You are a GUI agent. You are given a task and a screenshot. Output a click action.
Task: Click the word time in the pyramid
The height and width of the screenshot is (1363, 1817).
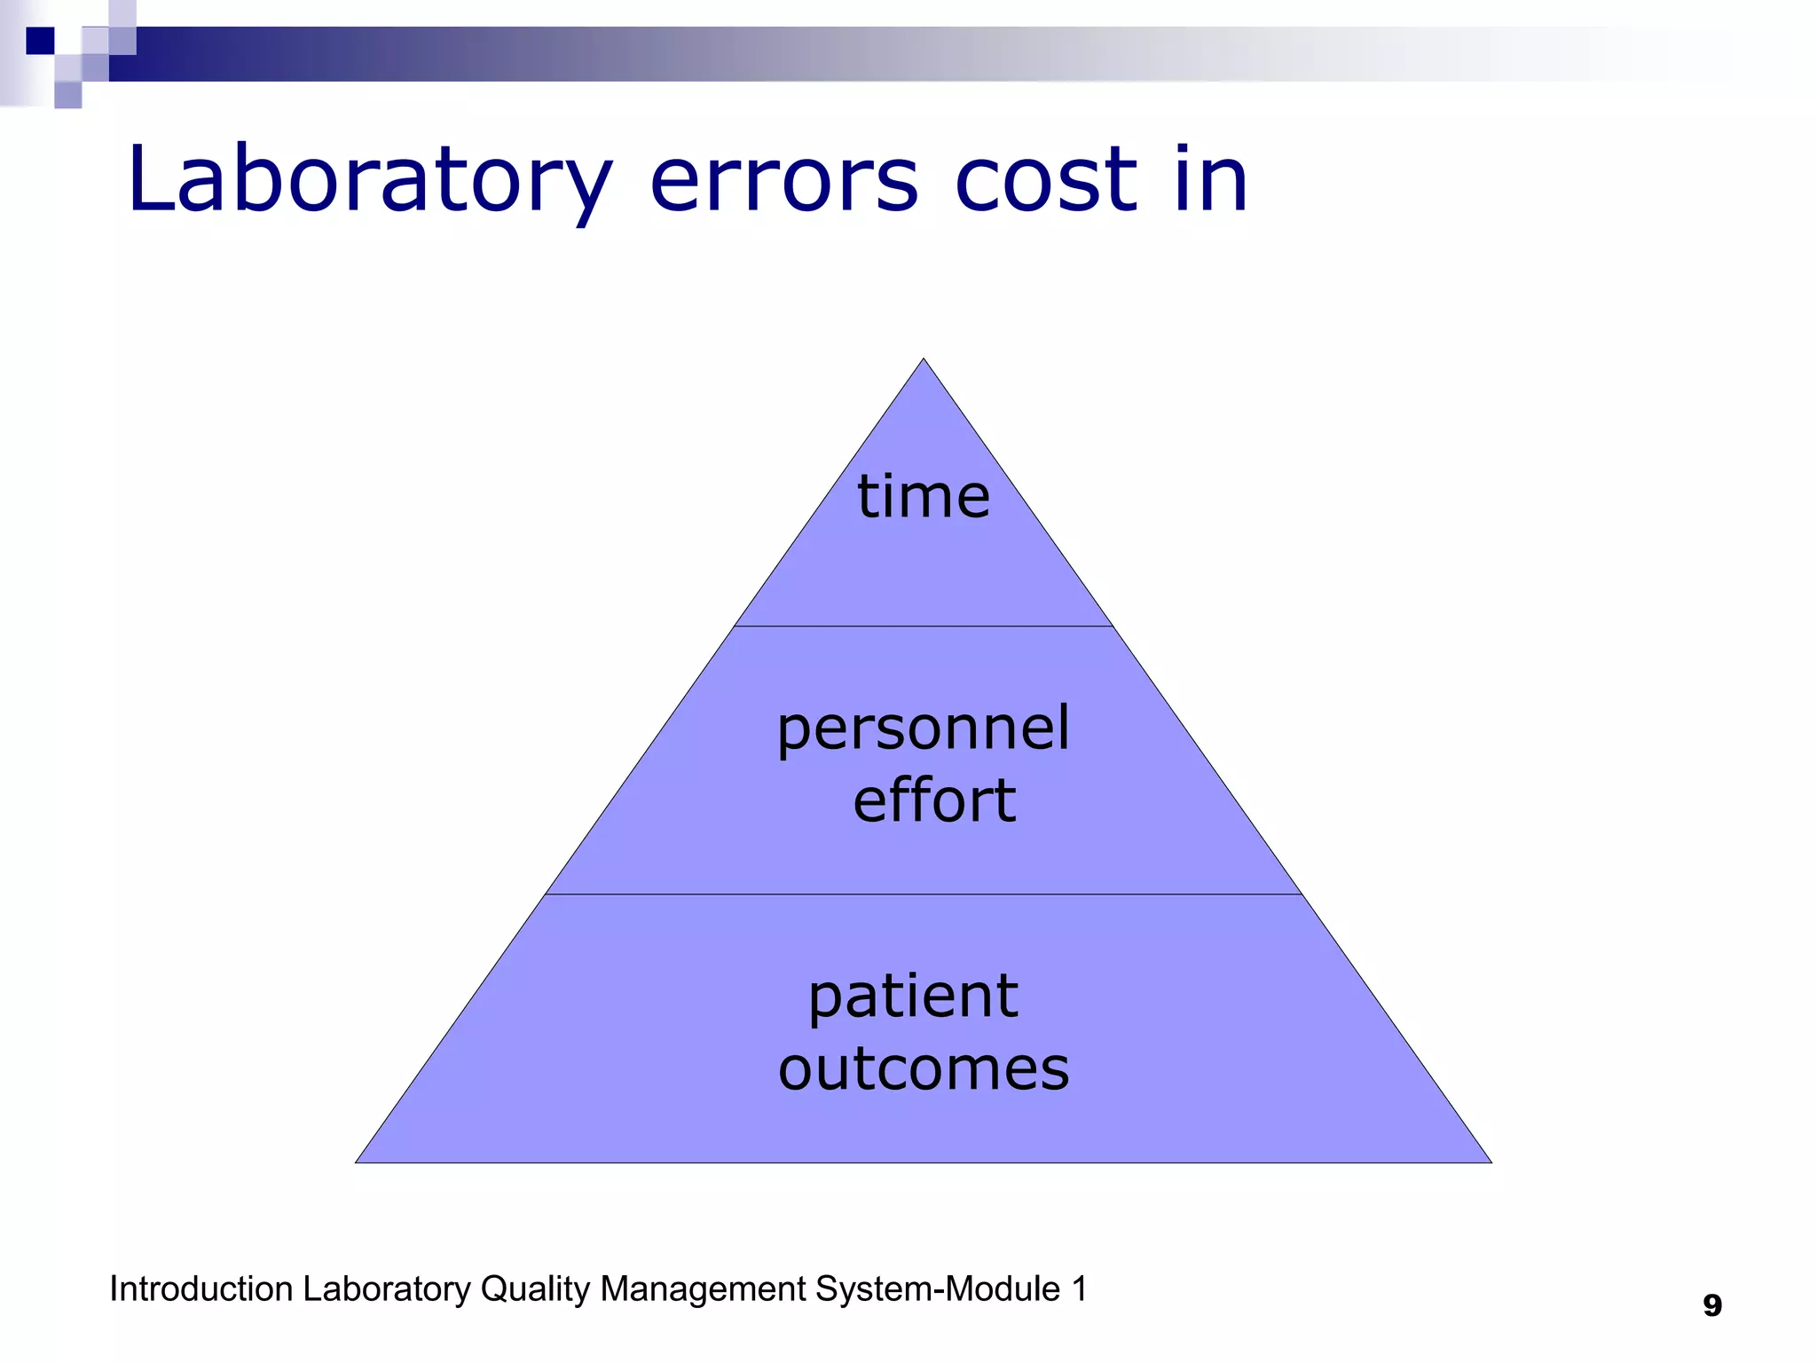[923, 496]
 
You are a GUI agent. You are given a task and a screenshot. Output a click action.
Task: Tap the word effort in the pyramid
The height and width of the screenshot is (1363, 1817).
[934, 800]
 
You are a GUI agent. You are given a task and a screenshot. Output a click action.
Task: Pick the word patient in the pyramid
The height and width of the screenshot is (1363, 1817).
[913, 997]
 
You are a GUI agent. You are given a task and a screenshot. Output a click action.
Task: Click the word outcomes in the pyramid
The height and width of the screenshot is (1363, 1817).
[924, 1068]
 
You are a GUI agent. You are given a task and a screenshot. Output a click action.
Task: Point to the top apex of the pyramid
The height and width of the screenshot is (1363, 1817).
[924, 360]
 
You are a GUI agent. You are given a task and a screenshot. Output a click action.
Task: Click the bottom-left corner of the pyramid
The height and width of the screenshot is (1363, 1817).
[358, 1162]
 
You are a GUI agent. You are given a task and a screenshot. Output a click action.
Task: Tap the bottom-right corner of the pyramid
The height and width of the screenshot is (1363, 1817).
[1490, 1162]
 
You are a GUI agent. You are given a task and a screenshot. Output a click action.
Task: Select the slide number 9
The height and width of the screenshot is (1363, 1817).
[1712, 1305]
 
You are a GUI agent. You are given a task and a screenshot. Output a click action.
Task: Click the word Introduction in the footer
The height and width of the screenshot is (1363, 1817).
[201, 1289]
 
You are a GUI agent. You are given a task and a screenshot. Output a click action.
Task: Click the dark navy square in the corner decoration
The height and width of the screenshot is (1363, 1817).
[40, 41]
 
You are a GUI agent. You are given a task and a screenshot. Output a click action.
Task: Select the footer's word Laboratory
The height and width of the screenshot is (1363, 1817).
[386, 1289]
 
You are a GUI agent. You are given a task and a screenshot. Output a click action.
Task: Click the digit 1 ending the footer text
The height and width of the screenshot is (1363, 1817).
[1079, 1289]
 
